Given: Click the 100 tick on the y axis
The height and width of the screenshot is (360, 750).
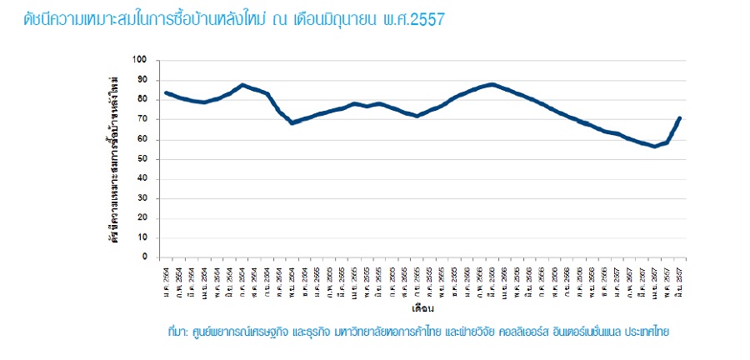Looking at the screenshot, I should coord(139,60).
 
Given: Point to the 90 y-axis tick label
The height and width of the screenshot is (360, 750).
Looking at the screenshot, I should coord(141,80).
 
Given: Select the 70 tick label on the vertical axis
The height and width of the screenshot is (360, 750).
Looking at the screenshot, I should coord(141,119).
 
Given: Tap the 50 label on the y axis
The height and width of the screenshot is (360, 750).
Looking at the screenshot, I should coord(141,159).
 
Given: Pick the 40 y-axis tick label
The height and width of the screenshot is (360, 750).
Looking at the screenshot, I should coord(141,178).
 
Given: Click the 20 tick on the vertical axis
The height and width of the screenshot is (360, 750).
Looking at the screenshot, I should coord(141,218).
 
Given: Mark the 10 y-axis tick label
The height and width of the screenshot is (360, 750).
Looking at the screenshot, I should coord(141,237).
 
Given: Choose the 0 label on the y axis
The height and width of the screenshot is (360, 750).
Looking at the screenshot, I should coord(143,257).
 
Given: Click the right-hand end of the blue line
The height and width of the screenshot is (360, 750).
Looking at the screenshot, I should coord(681,117).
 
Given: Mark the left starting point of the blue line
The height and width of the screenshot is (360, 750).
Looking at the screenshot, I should coord(166,92).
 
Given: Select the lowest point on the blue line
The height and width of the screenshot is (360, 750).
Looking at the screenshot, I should coord(655,146).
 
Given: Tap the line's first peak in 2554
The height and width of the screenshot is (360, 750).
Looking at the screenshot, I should coord(242,84).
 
